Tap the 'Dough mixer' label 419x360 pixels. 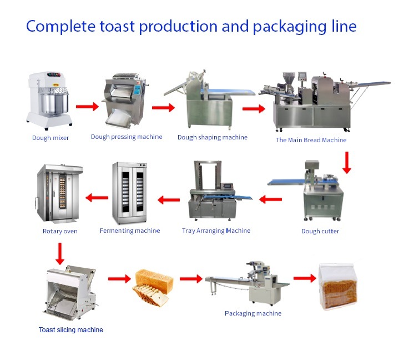(x=51, y=138)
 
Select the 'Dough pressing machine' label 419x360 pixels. (x=127, y=137)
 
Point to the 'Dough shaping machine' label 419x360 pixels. (x=213, y=137)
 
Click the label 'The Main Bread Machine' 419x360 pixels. (x=311, y=140)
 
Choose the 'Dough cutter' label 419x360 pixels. (x=320, y=231)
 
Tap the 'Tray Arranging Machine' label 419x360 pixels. (x=216, y=231)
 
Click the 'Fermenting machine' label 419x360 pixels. (x=130, y=231)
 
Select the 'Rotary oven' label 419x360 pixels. (x=60, y=231)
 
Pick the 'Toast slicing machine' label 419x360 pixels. (x=70, y=330)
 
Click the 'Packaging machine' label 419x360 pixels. (x=253, y=313)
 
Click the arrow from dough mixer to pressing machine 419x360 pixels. (x=87, y=106)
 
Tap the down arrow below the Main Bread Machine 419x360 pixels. (x=347, y=162)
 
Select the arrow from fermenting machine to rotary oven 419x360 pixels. (x=96, y=197)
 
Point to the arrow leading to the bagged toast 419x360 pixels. (x=304, y=278)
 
